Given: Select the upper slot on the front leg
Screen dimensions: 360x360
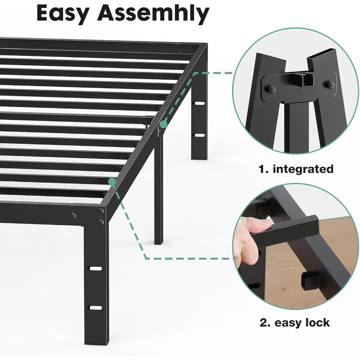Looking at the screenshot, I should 95,269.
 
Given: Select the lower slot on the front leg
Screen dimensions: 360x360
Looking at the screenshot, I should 95,307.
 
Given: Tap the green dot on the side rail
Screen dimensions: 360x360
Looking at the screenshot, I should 164,124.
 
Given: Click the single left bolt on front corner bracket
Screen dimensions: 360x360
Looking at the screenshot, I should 73,216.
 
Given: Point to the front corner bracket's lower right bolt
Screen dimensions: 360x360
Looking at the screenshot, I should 102,221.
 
